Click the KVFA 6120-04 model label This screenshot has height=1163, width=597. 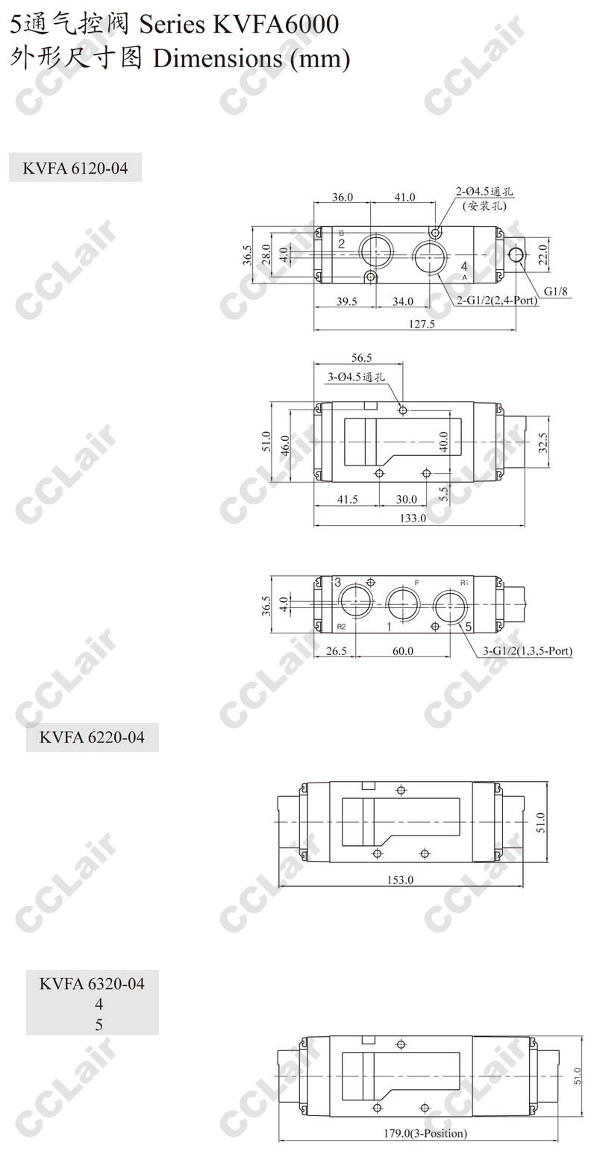coord(75,168)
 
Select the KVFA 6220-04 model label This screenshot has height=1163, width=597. coord(92,737)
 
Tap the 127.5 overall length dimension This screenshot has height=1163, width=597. coord(422,324)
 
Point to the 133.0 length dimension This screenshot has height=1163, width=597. coord(413,518)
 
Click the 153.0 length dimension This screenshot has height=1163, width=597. coord(400,880)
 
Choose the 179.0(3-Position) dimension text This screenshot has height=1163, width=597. coord(425,1132)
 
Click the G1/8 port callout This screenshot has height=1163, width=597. coord(555,291)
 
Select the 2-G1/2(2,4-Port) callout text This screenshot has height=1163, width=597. coord(497,300)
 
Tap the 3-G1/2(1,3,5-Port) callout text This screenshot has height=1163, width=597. coord(528,651)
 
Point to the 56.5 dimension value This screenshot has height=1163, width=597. coord(362,358)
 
